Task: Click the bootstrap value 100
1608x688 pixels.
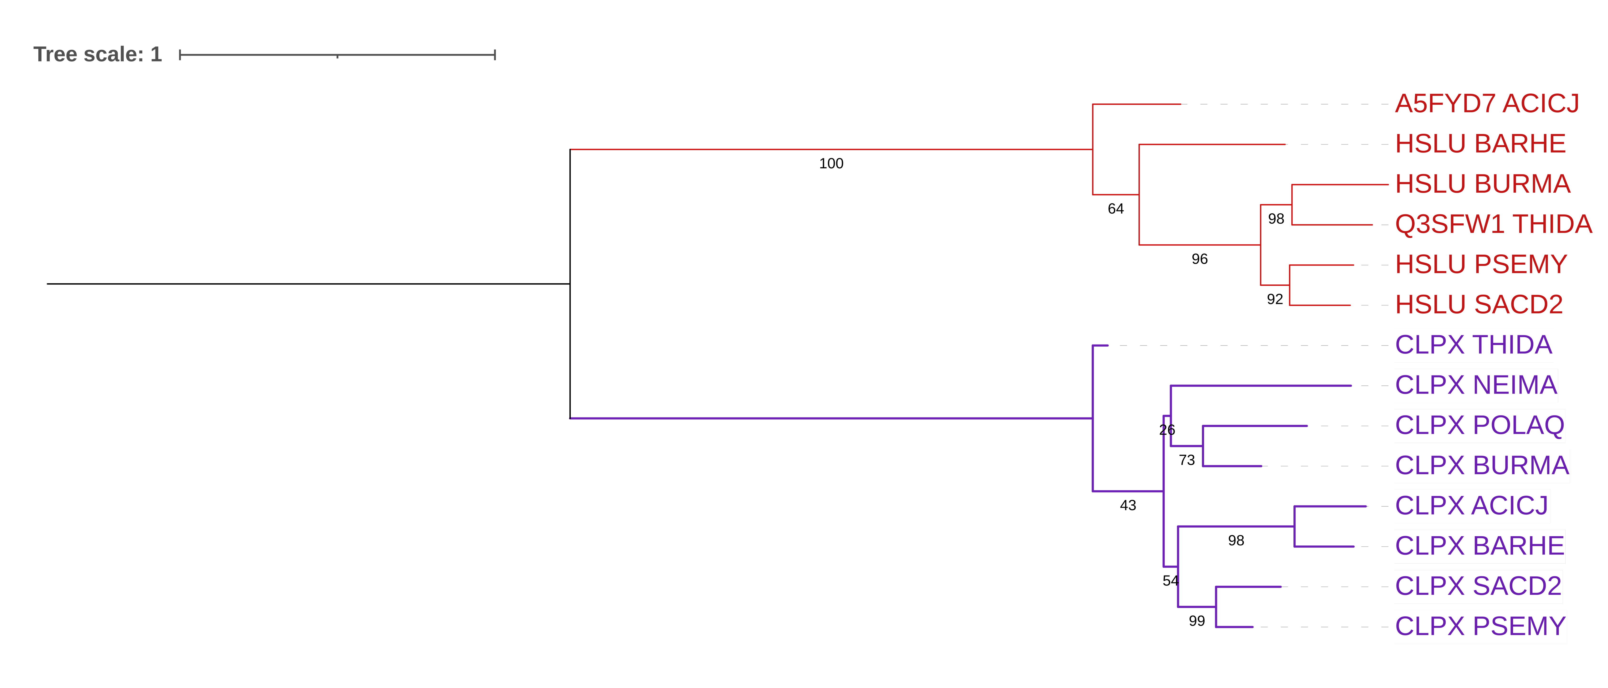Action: (x=831, y=164)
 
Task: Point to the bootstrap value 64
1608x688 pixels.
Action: (x=1115, y=209)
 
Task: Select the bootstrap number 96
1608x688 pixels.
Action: (x=1199, y=259)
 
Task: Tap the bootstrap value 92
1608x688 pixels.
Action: (x=1275, y=300)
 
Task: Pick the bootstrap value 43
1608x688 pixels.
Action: (x=1128, y=506)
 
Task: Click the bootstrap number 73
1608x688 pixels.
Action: (x=1187, y=460)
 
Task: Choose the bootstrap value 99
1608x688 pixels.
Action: (x=1197, y=621)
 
